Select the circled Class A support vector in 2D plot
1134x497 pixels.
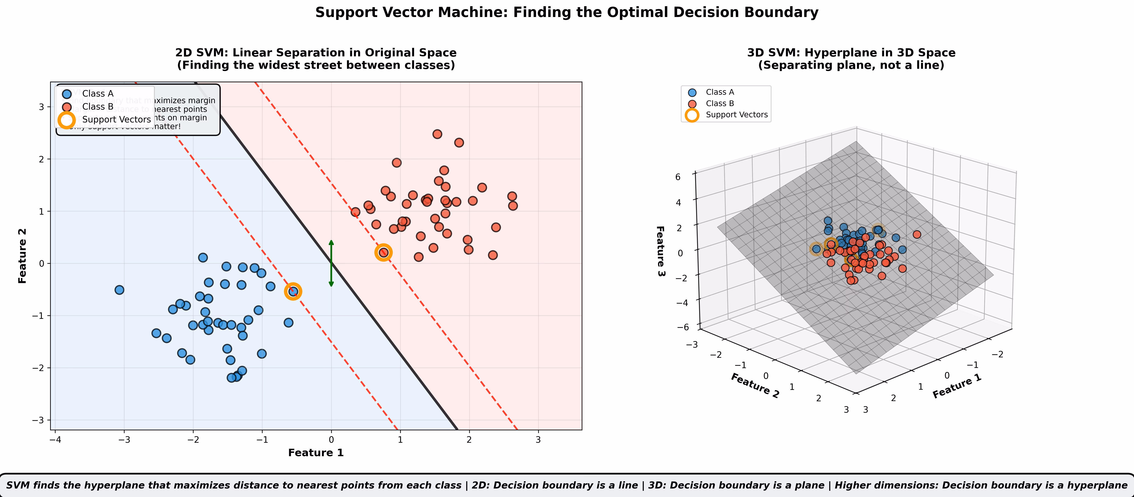pos(293,291)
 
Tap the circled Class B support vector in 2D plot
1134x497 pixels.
pos(383,252)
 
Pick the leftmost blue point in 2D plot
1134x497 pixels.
pos(119,290)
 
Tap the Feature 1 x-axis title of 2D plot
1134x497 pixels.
pos(316,452)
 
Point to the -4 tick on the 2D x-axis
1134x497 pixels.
pos(55,439)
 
